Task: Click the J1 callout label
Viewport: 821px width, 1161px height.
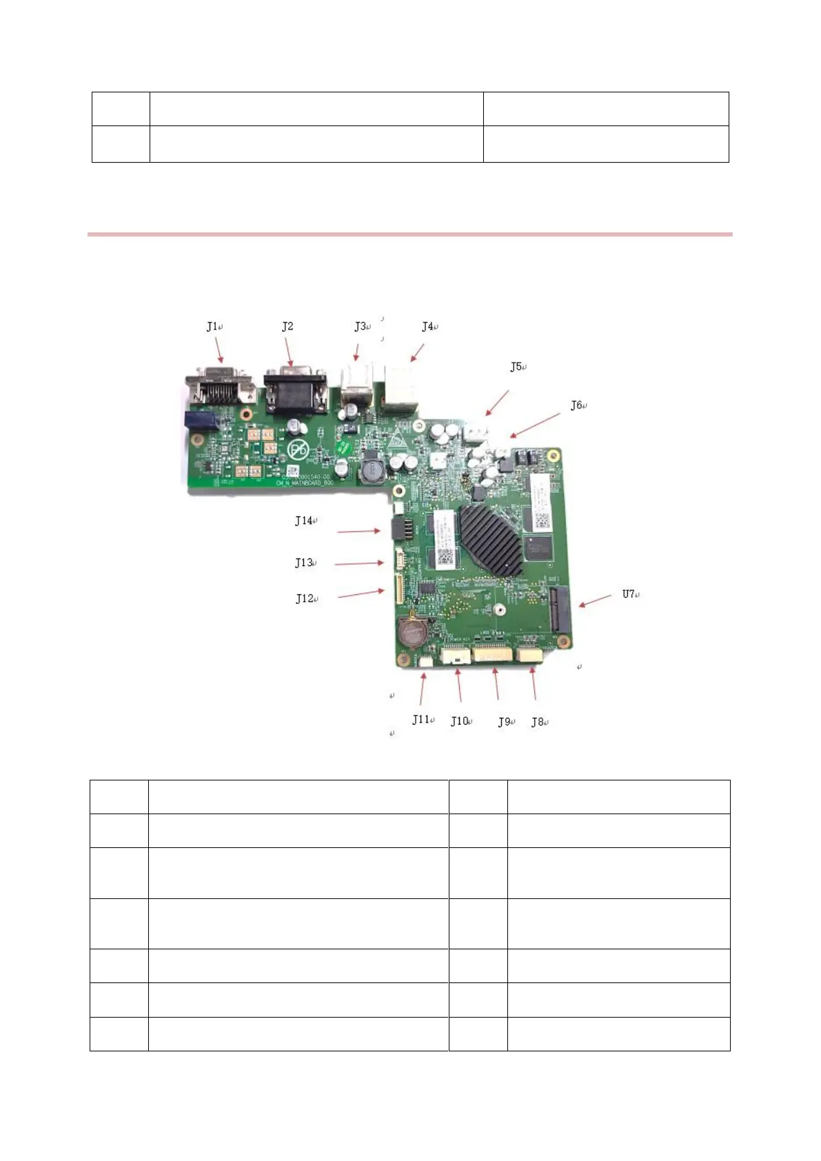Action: pos(213,327)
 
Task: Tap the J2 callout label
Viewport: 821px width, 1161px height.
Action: pos(287,327)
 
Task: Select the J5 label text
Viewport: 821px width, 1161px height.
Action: pos(517,367)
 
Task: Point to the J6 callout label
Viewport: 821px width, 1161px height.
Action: pos(577,405)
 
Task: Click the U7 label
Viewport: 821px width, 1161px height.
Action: pos(629,594)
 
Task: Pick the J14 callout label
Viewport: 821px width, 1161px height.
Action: pos(305,521)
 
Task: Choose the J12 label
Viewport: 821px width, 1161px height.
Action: pos(305,598)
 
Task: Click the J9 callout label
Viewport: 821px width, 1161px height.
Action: pos(505,722)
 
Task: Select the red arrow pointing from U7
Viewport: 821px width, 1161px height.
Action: pos(595,600)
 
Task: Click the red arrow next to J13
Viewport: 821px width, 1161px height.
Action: pos(359,564)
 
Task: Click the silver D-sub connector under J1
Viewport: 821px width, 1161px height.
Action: pos(219,387)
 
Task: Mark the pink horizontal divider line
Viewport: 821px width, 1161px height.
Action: pos(409,234)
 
